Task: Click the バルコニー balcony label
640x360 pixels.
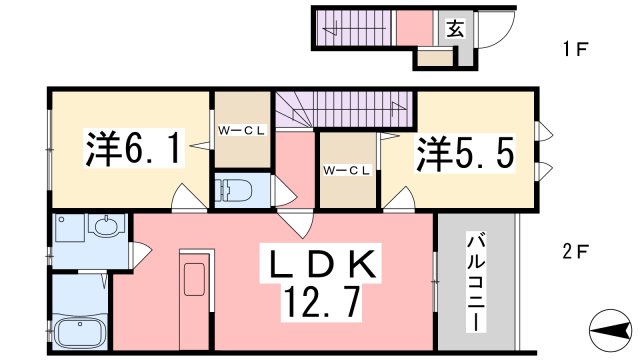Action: (476, 284)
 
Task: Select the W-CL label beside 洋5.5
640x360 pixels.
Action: (346, 171)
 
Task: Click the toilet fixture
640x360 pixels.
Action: (235, 190)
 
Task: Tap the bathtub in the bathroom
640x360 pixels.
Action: (81, 330)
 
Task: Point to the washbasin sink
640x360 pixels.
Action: (102, 228)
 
